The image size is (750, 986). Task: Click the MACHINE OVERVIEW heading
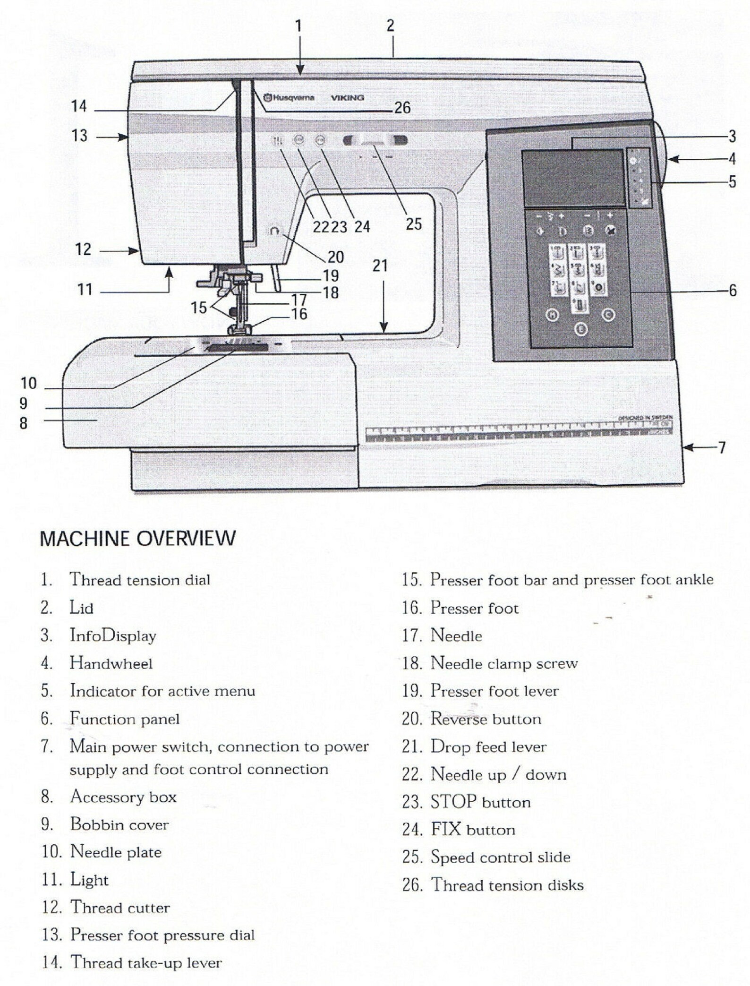pyautogui.click(x=137, y=539)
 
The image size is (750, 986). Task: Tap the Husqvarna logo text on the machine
pyautogui.click(x=289, y=98)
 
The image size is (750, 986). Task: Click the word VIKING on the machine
pyautogui.click(x=347, y=98)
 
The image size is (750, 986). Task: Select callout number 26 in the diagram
pyautogui.click(x=402, y=108)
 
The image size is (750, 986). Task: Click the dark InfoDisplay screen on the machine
pyautogui.click(x=572, y=177)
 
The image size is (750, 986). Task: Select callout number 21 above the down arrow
pyautogui.click(x=380, y=266)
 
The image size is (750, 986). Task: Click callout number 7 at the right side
pyautogui.click(x=721, y=447)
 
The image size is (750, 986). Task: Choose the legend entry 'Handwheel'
pyautogui.click(x=111, y=663)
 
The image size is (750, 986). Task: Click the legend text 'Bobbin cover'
pyautogui.click(x=119, y=825)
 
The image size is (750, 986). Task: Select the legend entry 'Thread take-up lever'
pyautogui.click(x=146, y=962)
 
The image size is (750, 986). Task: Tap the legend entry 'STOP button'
pyautogui.click(x=480, y=802)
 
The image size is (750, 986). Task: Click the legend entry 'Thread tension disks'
pyautogui.click(x=507, y=885)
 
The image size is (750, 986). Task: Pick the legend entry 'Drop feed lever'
pyautogui.click(x=488, y=747)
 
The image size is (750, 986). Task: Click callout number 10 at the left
pyautogui.click(x=28, y=383)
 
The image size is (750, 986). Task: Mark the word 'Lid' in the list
pyautogui.click(x=81, y=608)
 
